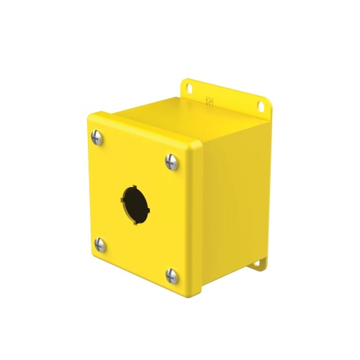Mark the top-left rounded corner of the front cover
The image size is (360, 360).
coord(89,116)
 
